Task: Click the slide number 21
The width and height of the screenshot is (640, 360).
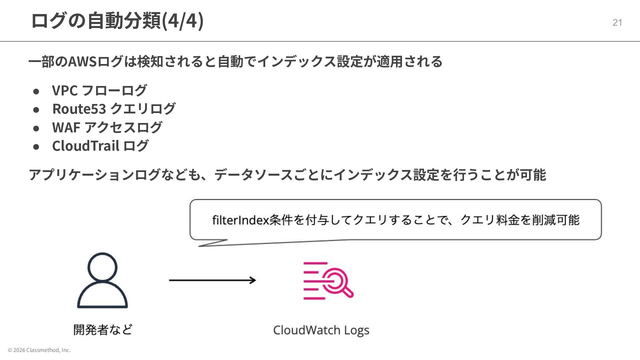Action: click(x=617, y=22)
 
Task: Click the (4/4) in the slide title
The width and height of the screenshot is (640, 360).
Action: click(x=182, y=21)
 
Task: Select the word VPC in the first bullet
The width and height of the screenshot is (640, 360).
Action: click(x=65, y=90)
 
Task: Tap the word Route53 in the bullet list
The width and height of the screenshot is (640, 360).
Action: click(x=79, y=109)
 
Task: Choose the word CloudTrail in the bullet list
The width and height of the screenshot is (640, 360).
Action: click(x=86, y=146)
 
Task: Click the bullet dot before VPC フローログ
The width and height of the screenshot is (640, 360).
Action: click(x=36, y=91)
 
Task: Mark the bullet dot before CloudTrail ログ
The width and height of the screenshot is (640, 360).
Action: click(x=36, y=147)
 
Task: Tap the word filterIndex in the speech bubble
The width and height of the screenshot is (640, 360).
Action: click(x=240, y=220)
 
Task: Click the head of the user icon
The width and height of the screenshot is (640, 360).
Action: click(x=102, y=267)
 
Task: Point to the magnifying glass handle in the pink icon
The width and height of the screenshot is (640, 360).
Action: click(x=348, y=292)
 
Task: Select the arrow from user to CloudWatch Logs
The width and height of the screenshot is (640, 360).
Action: click(x=212, y=280)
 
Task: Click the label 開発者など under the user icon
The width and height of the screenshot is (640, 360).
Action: click(x=103, y=330)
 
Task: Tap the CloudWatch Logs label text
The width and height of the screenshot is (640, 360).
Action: click(x=321, y=330)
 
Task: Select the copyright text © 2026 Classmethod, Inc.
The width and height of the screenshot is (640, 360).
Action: click(x=39, y=350)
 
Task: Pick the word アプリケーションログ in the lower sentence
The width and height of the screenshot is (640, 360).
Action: click(x=94, y=175)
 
